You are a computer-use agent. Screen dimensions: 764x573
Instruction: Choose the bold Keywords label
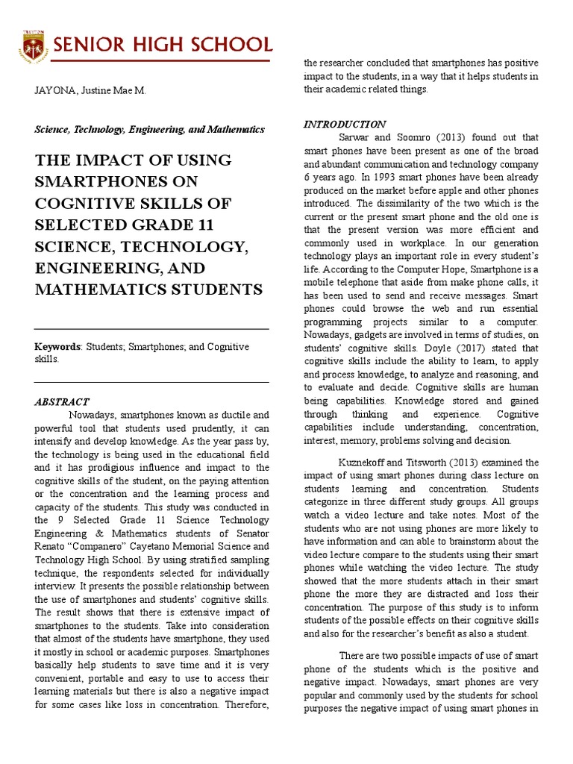pos(58,347)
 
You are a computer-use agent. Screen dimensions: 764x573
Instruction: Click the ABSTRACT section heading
pos(62,401)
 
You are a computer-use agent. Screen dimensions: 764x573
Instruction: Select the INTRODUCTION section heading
pos(345,125)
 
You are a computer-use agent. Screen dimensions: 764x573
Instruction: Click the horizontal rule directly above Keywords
pos(151,329)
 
